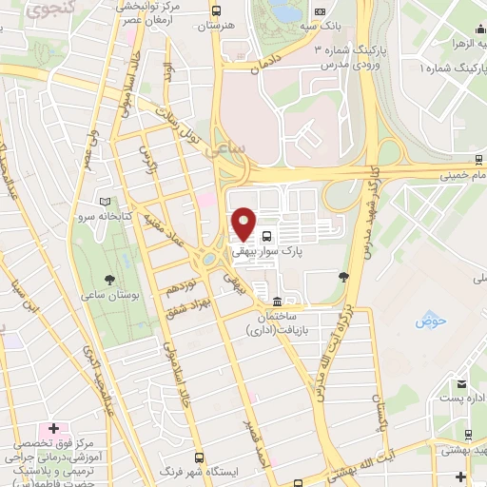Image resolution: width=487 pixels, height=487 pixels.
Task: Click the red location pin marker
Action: click(243, 223)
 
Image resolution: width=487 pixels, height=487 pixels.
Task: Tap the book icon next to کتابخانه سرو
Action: click(117, 203)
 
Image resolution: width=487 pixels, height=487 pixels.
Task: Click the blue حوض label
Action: click(430, 321)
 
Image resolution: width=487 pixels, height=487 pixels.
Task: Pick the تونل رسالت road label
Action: click(193, 125)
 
